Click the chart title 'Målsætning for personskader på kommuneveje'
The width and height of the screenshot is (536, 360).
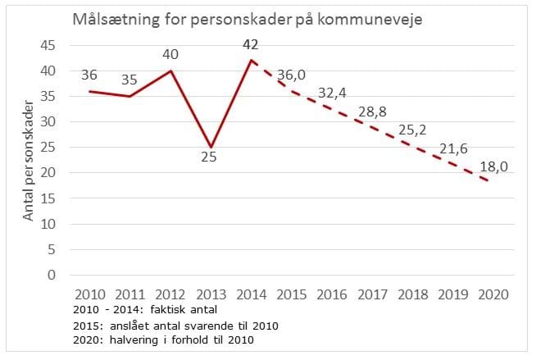click(247, 19)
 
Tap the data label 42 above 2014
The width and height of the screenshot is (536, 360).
click(251, 44)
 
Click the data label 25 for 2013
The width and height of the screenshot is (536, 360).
click(208, 156)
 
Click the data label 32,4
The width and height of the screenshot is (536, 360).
click(331, 93)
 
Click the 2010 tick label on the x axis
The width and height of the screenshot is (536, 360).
click(89, 293)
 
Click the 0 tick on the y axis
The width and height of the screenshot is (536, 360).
click(51, 275)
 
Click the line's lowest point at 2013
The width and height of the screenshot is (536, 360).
click(209, 147)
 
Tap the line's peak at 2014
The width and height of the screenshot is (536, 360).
click(250, 61)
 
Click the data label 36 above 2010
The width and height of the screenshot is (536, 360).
click(90, 75)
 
